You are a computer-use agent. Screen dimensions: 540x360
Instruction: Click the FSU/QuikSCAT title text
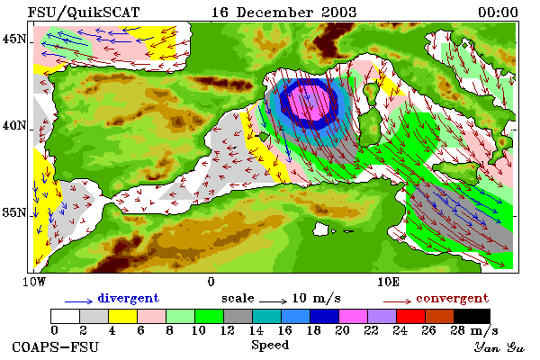point(84,13)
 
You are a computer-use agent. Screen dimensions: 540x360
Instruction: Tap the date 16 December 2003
point(283,13)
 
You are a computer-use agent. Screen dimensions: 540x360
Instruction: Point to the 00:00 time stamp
point(498,13)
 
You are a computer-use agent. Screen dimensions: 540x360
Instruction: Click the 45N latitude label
point(13,39)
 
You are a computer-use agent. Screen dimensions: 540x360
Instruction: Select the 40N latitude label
point(13,125)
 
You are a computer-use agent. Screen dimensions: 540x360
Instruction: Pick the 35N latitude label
point(13,212)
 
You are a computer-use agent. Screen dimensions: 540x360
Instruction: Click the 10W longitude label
point(34,282)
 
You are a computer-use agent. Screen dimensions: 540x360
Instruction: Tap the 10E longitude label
point(388,282)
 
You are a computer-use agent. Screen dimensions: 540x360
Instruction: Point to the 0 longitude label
point(211,282)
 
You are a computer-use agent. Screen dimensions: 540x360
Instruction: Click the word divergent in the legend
point(128,298)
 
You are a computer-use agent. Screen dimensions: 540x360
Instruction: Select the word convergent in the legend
point(452,298)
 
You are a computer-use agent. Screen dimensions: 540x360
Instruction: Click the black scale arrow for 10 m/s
point(273,301)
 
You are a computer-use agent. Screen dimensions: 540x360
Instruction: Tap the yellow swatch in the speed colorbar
point(122,316)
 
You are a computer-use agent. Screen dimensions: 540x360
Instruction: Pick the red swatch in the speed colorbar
point(411,316)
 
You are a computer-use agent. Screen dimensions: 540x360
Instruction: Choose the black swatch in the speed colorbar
point(472,316)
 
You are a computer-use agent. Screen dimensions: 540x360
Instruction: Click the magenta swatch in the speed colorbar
point(353,316)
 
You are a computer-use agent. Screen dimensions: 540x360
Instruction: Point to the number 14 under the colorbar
point(256,330)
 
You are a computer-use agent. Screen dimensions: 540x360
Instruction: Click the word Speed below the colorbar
point(270,346)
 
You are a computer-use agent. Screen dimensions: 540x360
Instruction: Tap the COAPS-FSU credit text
point(55,346)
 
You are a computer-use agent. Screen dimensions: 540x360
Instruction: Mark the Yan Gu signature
point(499,347)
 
